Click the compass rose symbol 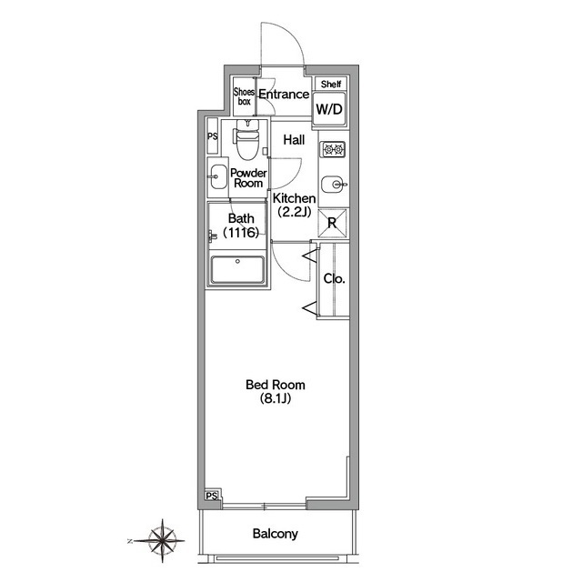click(x=162, y=541)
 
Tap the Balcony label click(x=275, y=534)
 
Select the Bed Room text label click(x=276, y=385)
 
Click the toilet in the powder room click(x=246, y=140)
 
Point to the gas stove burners click(x=333, y=149)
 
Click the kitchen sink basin click(x=332, y=184)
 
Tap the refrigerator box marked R click(x=333, y=223)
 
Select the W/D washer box click(x=329, y=109)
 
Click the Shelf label click(x=331, y=85)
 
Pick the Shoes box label click(x=244, y=96)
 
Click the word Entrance click(x=284, y=95)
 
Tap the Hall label click(x=294, y=140)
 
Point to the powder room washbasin click(x=217, y=176)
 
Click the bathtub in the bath click(x=237, y=270)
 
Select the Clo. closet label click(x=334, y=279)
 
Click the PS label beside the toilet click(x=212, y=136)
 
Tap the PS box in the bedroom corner click(x=212, y=496)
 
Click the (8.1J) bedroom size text click(x=275, y=398)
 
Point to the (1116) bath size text click(x=241, y=233)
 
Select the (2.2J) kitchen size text click(x=294, y=212)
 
